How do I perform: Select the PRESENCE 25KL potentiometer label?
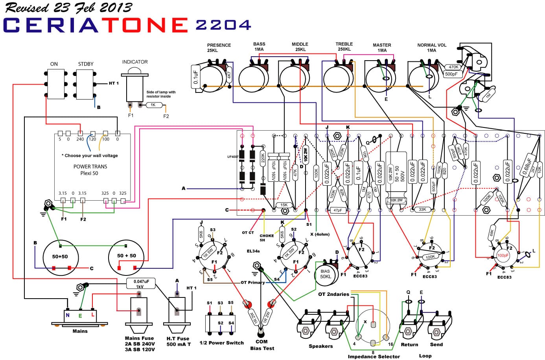pyautogui.click(x=219, y=48)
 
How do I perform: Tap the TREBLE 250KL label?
pyautogui.click(x=344, y=46)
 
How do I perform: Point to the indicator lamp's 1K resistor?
pyautogui.click(x=153, y=105)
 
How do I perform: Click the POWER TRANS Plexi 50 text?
pyautogui.click(x=90, y=170)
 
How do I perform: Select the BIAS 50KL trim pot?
pyautogui.click(x=325, y=274)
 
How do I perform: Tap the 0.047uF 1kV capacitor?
pyautogui.click(x=140, y=284)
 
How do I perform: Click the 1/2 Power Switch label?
pyautogui.click(x=221, y=343)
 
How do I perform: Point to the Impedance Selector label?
pyautogui.click(x=374, y=356)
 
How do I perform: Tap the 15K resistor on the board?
pyautogui.click(x=284, y=205)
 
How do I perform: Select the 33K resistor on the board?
pyautogui.click(x=422, y=209)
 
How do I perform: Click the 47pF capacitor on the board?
pyautogui.click(x=337, y=210)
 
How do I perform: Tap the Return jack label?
pyautogui.click(x=409, y=345)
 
